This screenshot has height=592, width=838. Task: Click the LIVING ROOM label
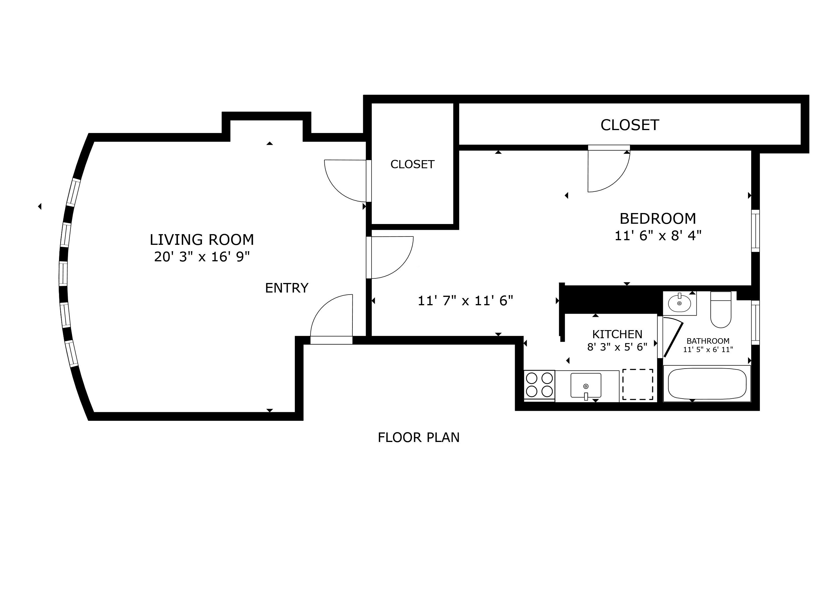(202, 240)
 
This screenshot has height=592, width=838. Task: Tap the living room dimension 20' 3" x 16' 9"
(202, 257)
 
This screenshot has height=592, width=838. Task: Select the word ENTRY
(286, 288)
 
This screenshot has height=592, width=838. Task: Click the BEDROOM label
(658, 219)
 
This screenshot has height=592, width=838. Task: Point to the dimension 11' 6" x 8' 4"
(658, 236)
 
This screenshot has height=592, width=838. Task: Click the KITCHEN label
(617, 334)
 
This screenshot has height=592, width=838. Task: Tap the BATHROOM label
(708, 341)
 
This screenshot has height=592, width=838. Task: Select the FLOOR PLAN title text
(419, 437)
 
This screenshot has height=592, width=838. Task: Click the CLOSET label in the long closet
(630, 125)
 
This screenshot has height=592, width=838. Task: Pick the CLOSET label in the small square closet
(412, 164)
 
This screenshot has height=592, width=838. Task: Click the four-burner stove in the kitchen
(539, 384)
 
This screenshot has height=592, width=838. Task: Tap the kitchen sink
(586, 385)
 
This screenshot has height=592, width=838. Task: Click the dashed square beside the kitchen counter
(638, 384)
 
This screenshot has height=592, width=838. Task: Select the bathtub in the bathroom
(707, 384)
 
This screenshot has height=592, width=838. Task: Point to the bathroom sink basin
(679, 303)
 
